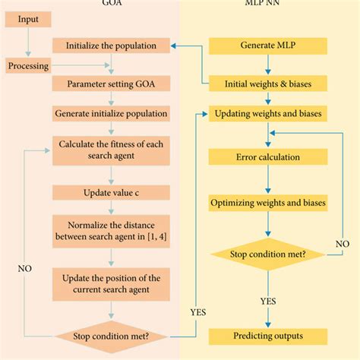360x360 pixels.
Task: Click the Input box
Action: [x=28, y=19]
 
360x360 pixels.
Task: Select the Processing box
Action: [x=28, y=65]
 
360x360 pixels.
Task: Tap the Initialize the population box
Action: [x=111, y=46]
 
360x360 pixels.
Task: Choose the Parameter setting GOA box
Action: [x=111, y=84]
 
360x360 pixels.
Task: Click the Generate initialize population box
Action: [x=111, y=113]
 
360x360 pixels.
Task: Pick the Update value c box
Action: [x=111, y=193]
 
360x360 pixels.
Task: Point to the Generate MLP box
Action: [x=268, y=46]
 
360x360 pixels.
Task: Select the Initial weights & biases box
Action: [x=268, y=84]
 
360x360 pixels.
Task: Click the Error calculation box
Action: [x=268, y=157]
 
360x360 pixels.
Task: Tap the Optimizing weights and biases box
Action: [x=268, y=203]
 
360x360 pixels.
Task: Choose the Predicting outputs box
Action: [x=268, y=336]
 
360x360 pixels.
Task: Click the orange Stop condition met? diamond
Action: [x=111, y=336]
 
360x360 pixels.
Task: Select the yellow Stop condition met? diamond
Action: [x=268, y=254]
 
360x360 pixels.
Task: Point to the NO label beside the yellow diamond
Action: [x=343, y=244]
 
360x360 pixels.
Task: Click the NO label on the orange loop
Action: [x=25, y=269]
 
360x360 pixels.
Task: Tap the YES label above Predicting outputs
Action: [x=268, y=302]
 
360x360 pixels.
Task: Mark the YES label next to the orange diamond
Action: [x=198, y=312]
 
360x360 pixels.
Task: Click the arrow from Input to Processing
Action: [x=28, y=42]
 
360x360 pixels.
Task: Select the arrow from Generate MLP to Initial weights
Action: [x=268, y=65]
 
